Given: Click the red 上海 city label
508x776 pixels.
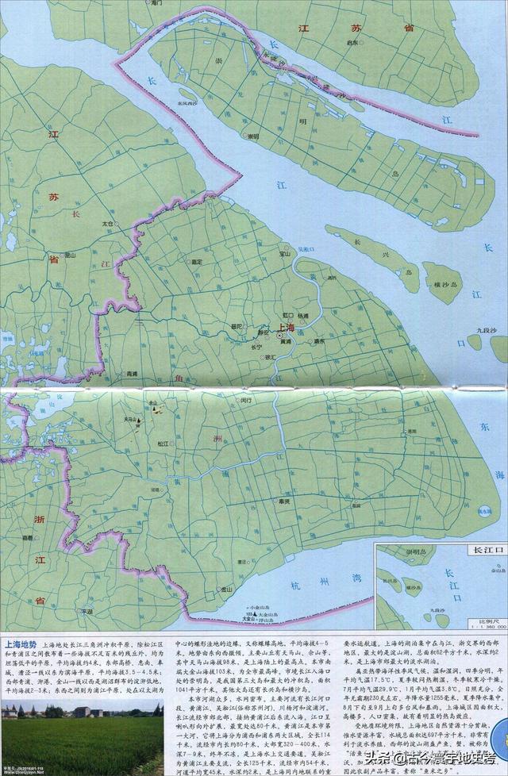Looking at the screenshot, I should [x=285, y=328].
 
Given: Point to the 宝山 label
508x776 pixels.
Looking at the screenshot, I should [x=284, y=255].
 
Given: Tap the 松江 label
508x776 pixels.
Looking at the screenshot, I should [x=163, y=444].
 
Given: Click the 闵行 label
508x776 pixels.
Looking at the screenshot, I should [x=244, y=401].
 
